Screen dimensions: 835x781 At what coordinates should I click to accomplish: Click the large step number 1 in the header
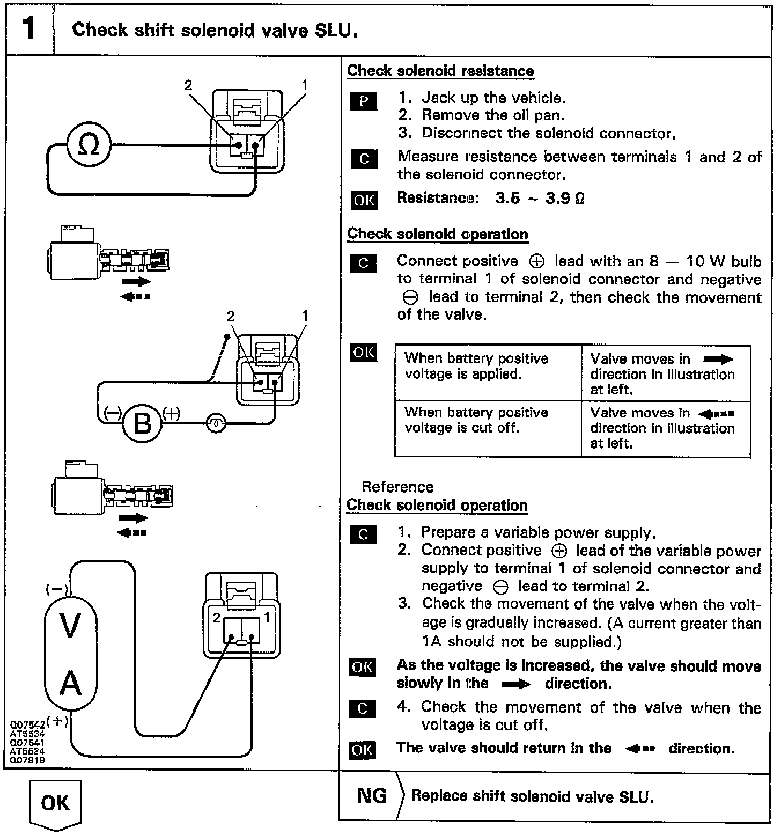tap(28, 28)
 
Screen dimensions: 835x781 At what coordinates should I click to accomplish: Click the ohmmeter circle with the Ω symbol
tap(89, 145)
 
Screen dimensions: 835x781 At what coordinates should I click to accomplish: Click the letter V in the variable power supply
tap(70, 626)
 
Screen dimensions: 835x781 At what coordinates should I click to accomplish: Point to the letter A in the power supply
tap(70, 684)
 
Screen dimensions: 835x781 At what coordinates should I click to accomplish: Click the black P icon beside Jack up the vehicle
tap(363, 101)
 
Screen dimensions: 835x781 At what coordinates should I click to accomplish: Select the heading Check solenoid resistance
tap(440, 71)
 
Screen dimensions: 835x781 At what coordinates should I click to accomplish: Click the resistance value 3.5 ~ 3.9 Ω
tap(540, 199)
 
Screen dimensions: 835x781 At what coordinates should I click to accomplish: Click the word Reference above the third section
tap(397, 487)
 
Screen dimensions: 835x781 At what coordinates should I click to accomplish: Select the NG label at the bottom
tap(372, 795)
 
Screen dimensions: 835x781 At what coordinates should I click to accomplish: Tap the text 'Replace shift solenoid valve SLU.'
tap(532, 796)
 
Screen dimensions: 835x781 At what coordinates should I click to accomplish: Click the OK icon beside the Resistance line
tap(364, 200)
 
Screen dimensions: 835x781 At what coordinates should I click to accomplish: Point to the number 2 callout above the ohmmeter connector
tap(188, 85)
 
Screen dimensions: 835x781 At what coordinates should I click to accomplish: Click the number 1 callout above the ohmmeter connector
tap(305, 85)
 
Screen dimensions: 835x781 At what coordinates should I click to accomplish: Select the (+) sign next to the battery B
tap(171, 413)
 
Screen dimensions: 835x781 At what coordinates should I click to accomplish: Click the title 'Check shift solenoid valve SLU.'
tap(215, 30)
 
